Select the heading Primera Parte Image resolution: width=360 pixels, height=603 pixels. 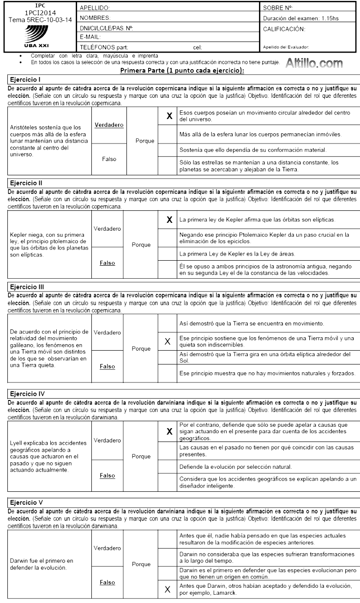(x=179, y=70)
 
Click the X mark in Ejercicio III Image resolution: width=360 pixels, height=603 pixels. (x=167, y=342)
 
